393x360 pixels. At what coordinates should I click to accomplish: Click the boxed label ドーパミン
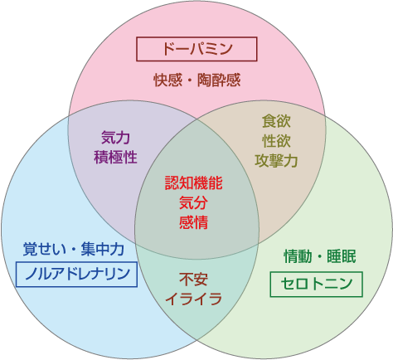tap(196, 49)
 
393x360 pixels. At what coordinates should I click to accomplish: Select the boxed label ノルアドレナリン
tap(76, 274)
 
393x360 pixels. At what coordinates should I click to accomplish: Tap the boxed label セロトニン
tap(316, 285)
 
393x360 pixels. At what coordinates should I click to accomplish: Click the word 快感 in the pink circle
tap(168, 80)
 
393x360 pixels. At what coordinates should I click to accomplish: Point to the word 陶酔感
tap(219, 80)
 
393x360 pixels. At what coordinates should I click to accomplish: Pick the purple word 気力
tap(115, 138)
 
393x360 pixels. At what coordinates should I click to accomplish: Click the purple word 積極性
tap(115, 157)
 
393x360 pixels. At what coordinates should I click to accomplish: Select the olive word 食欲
tap(276, 121)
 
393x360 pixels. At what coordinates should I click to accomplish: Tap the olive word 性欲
tap(276, 141)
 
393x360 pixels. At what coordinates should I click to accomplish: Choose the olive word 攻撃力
tap(276, 161)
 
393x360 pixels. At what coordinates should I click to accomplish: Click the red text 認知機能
tap(193, 182)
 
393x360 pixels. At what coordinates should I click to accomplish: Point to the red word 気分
tap(193, 202)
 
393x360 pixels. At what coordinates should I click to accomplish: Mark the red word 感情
tap(193, 222)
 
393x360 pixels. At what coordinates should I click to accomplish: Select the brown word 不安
tap(193, 280)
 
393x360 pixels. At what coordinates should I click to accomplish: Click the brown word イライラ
tap(193, 299)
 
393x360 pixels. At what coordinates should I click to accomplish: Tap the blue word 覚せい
tap(45, 249)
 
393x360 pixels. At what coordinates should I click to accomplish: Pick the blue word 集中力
tap(103, 249)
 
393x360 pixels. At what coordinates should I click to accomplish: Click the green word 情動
tap(298, 256)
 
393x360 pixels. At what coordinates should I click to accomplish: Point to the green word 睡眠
tap(342, 256)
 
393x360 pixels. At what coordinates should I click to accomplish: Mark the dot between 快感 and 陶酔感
tap(190, 80)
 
